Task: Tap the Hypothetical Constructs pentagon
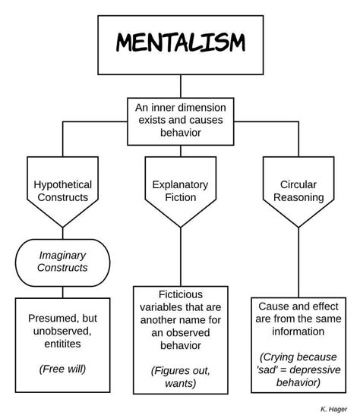pyautogui.click(x=62, y=190)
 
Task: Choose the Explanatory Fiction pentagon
pyautogui.click(x=180, y=190)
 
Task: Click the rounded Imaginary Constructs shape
pyautogui.click(x=62, y=261)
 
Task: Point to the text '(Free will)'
pyautogui.click(x=62, y=369)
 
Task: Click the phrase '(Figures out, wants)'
pyautogui.click(x=180, y=376)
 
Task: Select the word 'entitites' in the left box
pyautogui.click(x=62, y=344)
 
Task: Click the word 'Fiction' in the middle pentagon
pyautogui.click(x=180, y=197)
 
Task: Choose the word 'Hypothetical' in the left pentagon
pyautogui.click(x=62, y=184)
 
